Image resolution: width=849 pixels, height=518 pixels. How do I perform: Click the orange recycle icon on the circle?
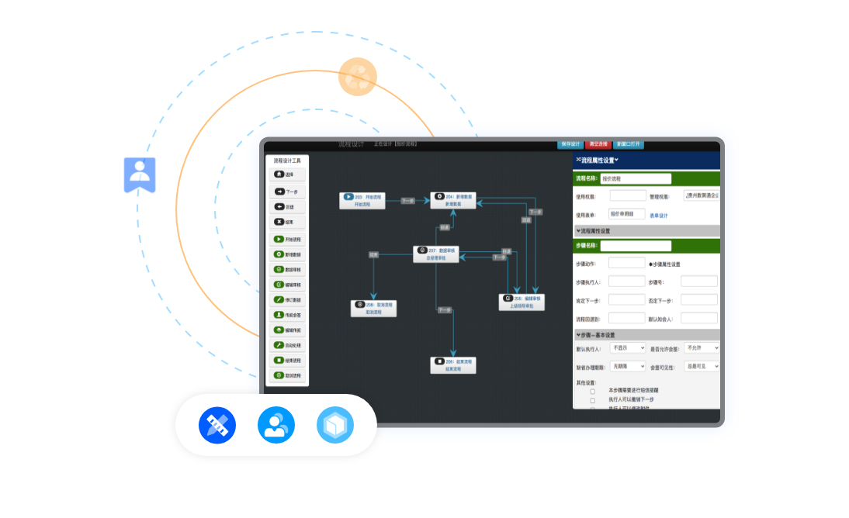[x=358, y=77]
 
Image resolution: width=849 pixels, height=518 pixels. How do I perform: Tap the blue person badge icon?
[x=140, y=174]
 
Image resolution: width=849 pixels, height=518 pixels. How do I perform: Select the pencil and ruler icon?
[x=217, y=425]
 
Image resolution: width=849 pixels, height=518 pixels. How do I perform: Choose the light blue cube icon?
[x=334, y=425]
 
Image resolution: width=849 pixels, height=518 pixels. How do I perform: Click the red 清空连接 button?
[x=598, y=144]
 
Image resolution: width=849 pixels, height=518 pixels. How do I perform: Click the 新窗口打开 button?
[x=629, y=144]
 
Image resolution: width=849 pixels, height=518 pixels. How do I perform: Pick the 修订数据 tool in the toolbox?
[x=288, y=299]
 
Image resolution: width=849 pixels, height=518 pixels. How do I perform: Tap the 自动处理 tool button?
[x=288, y=345]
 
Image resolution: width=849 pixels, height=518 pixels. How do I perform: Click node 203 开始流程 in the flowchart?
[x=362, y=201]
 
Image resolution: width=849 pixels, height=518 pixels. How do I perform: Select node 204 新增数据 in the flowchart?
[x=452, y=200]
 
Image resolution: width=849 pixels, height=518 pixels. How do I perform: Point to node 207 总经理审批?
[x=435, y=254]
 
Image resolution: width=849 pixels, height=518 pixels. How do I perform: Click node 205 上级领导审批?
[x=521, y=302]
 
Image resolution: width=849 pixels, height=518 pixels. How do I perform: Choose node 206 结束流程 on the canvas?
[x=453, y=365]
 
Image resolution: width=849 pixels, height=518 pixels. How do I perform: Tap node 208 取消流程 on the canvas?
[x=373, y=309]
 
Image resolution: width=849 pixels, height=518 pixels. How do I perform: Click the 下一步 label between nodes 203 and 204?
[x=407, y=202]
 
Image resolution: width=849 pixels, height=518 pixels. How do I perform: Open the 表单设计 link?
[x=658, y=215]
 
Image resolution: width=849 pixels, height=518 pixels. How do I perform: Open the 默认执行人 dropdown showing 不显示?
[x=627, y=349]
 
